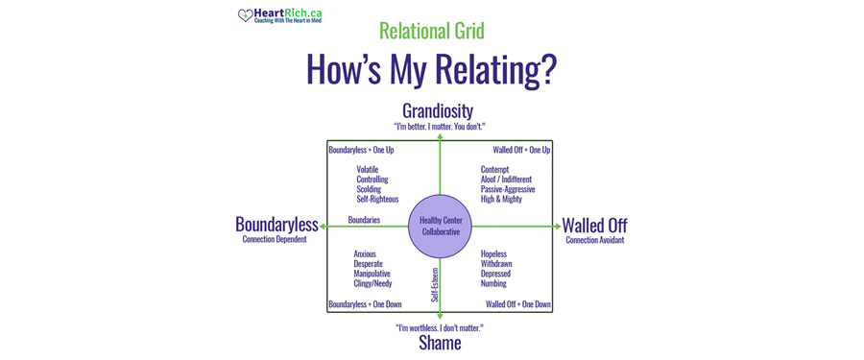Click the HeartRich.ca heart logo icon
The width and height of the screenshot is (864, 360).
246,15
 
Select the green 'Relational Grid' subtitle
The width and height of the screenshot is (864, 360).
431,31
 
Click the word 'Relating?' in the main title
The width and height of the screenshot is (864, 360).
495,69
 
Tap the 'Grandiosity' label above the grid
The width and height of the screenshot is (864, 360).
438,110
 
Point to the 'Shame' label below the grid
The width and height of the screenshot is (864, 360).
439,343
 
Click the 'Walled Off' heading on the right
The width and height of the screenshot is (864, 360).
595,225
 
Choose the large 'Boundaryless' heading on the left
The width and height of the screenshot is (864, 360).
276,225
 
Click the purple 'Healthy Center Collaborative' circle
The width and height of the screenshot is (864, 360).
441,227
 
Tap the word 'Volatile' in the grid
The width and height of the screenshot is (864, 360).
368,170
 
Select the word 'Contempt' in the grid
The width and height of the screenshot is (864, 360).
495,170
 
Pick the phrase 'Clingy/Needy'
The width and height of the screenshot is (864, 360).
372,284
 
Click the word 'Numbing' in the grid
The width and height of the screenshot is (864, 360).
493,284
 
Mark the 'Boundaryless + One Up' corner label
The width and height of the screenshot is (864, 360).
361,150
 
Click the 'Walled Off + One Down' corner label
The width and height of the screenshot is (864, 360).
518,304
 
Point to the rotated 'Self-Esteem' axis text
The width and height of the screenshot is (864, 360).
435,284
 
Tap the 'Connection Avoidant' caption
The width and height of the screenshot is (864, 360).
595,240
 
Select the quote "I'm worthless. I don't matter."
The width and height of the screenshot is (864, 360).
439,327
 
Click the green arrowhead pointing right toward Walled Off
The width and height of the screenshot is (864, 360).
557,227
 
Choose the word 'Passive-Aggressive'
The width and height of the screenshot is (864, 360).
508,189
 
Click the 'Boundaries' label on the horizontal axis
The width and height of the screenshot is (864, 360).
364,220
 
